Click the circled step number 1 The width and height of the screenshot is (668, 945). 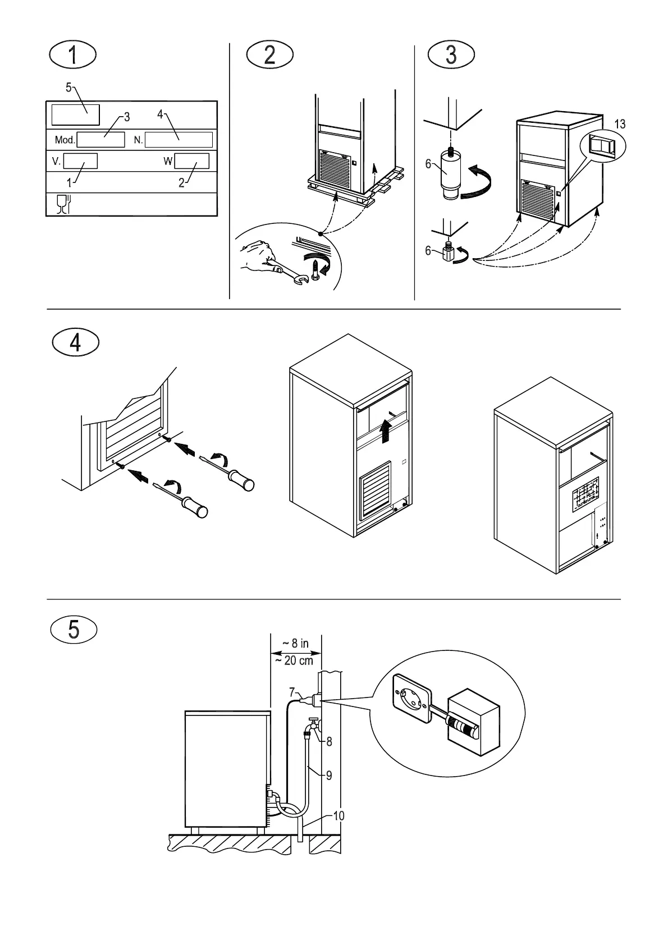click(73, 55)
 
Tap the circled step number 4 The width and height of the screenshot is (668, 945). click(75, 342)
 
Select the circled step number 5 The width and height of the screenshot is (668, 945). click(74, 630)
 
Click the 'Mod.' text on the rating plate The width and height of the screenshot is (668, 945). click(65, 140)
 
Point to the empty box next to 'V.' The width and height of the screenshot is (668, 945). click(80, 162)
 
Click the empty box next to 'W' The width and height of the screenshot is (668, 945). click(191, 162)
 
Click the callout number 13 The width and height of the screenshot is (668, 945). click(619, 125)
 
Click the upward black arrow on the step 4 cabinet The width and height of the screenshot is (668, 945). click(385, 432)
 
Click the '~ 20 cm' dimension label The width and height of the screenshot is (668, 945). click(294, 660)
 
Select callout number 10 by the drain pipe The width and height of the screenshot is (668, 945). click(338, 815)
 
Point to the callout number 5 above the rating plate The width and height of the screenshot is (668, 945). click(68, 88)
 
